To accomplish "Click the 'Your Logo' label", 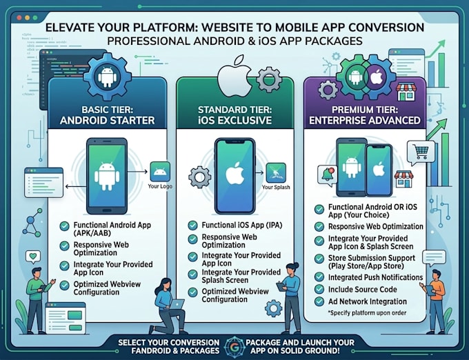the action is [x=160, y=186].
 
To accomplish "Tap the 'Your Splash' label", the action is [x=276, y=187].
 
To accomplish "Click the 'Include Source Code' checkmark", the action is [x=319, y=289].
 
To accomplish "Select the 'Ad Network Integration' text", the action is [x=368, y=301].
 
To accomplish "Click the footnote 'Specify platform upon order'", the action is [x=368, y=313].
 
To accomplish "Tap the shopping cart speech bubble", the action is [x=420, y=153].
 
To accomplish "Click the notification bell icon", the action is [x=328, y=175].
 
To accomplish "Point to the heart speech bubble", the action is [x=33, y=257].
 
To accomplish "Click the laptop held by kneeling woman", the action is [x=177, y=304].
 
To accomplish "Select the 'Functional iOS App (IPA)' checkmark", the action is [x=192, y=225].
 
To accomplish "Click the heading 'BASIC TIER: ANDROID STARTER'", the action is [x=107, y=115].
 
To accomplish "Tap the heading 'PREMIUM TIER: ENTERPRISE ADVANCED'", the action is [x=365, y=115].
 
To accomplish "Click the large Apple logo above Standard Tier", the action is [x=234, y=77].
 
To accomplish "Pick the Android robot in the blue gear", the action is [x=107, y=77].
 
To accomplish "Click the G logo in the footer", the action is [x=235, y=346].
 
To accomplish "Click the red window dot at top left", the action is [x=19, y=18].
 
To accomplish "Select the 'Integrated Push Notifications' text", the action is [x=375, y=277].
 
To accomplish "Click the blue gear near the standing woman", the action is [x=273, y=308].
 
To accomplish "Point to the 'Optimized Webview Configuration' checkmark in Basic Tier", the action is [x=64, y=286].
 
